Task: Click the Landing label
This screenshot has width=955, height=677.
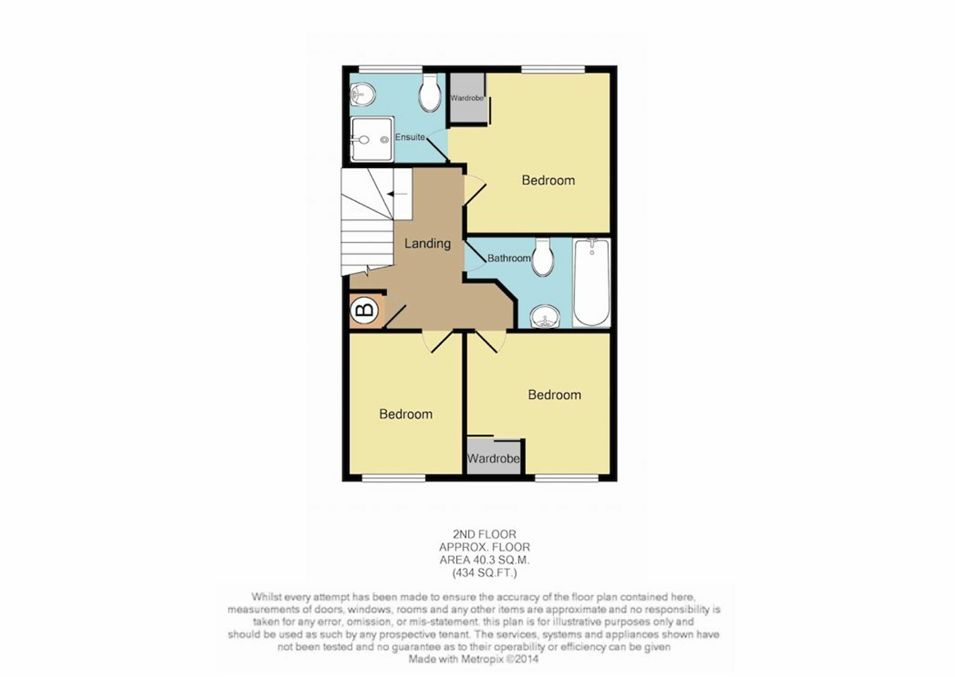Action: (x=427, y=244)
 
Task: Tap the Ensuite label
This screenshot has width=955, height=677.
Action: (x=410, y=137)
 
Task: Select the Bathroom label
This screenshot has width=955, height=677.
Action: (x=509, y=258)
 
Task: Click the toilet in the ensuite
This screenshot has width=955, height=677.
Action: (x=430, y=93)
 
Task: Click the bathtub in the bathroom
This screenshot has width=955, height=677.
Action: (x=592, y=282)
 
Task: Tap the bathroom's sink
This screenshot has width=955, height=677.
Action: (x=545, y=317)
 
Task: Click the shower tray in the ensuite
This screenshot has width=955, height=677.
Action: (x=372, y=139)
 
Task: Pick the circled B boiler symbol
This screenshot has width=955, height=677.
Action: (x=365, y=311)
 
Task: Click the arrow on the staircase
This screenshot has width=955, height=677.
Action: (x=397, y=194)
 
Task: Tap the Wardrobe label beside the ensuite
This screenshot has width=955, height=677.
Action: (x=467, y=98)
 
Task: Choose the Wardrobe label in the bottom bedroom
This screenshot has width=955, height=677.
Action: (x=493, y=459)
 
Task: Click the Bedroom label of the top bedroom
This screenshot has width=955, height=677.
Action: (x=548, y=180)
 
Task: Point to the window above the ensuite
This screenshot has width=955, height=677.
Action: (x=391, y=70)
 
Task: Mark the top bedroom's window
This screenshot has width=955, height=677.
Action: (x=553, y=70)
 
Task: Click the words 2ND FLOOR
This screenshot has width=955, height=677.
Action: (x=485, y=534)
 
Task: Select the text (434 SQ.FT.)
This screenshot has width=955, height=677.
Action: (x=485, y=572)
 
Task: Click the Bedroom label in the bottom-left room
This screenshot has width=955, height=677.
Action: (x=406, y=414)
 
